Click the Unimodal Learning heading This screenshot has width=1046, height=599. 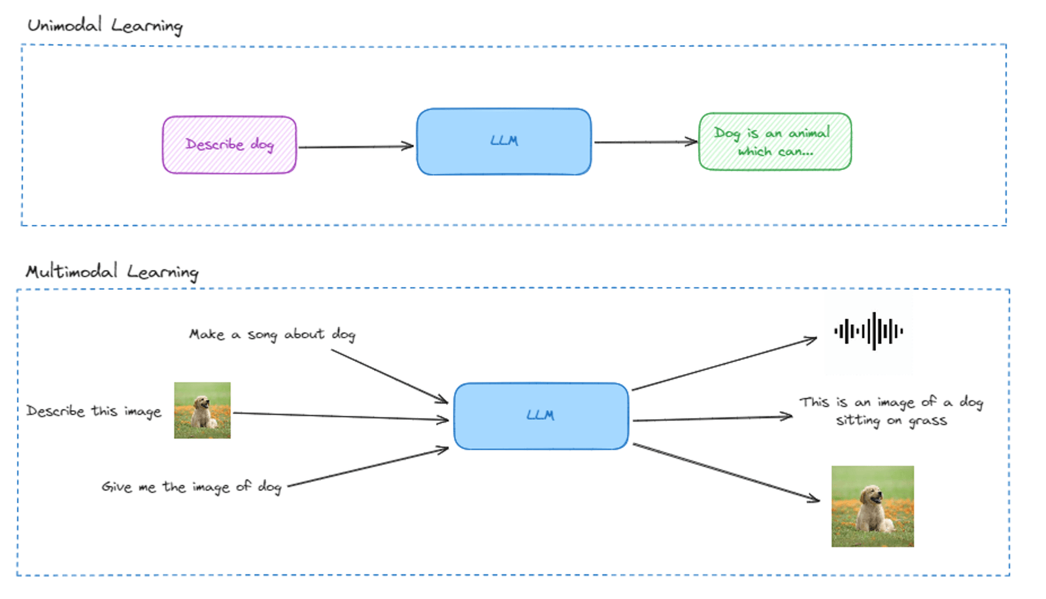pyautogui.click(x=105, y=26)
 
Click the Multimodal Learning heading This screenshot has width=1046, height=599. pyautogui.click(x=112, y=271)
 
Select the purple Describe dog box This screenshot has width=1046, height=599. pyautogui.click(x=229, y=145)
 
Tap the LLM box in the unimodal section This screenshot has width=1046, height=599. pyautogui.click(x=503, y=141)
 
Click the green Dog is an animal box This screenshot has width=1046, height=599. pyautogui.click(x=775, y=142)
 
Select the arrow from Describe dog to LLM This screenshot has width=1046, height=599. pyautogui.click(x=356, y=146)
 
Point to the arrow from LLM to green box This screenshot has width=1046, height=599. pyautogui.click(x=645, y=141)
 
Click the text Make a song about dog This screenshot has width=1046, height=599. pyautogui.click(x=272, y=334)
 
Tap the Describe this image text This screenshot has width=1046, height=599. pyautogui.click(x=93, y=411)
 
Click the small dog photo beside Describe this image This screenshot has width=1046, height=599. pyautogui.click(x=202, y=410)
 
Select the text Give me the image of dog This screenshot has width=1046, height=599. pyautogui.click(x=191, y=487)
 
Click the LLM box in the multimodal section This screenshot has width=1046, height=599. pyautogui.click(x=541, y=416)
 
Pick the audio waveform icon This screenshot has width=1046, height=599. pyautogui.click(x=868, y=332)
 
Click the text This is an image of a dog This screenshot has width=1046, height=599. pyautogui.click(x=891, y=402)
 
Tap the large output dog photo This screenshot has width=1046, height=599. pyautogui.click(x=872, y=506)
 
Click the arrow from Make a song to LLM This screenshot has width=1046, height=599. pyautogui.click(x=389, y=376)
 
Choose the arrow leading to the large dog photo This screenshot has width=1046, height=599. pyautogui.click(x=726, y=472)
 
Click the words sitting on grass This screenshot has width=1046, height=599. pyautogui.click(x=891, y=420)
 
